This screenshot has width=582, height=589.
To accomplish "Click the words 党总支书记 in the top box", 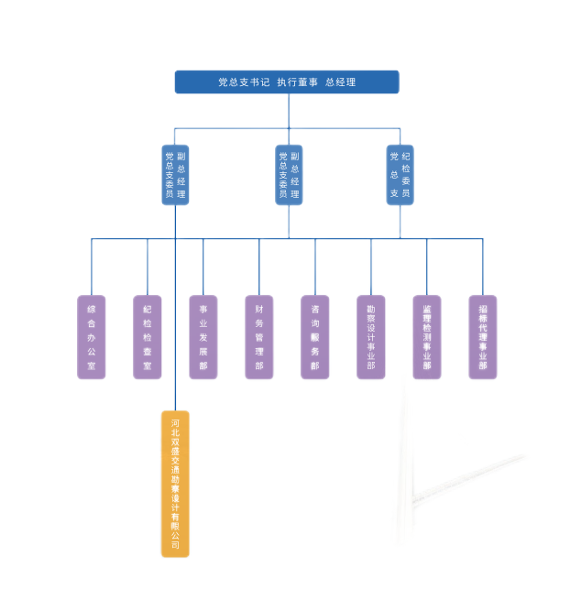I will click(243, 82).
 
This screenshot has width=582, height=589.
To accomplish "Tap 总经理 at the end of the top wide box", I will click(340, 82).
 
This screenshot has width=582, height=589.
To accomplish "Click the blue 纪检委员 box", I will click(400, 174).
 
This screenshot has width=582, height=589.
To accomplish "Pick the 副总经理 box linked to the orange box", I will click(175, 174).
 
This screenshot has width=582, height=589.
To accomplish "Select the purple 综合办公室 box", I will click(91, 337).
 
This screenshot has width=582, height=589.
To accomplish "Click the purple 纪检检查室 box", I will click(148, 337).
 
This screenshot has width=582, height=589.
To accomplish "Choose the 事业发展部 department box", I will click(203, 337).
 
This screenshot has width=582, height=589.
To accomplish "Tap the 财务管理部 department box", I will click(259, 337).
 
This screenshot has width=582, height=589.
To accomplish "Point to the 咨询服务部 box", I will click(315, 337).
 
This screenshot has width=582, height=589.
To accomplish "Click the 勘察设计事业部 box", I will click(371, 337).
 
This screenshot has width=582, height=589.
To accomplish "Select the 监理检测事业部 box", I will click(427, 337).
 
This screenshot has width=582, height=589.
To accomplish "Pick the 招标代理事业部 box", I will click(483, 337).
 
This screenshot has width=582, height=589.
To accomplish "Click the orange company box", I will click(175, 484).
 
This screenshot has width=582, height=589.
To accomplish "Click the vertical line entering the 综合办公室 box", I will click(91, 267).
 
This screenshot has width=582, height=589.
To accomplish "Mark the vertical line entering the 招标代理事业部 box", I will click(483, 267).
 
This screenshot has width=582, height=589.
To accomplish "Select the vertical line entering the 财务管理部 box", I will click(259, 267).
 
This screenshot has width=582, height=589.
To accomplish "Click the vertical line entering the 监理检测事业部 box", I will click(427, 267).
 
